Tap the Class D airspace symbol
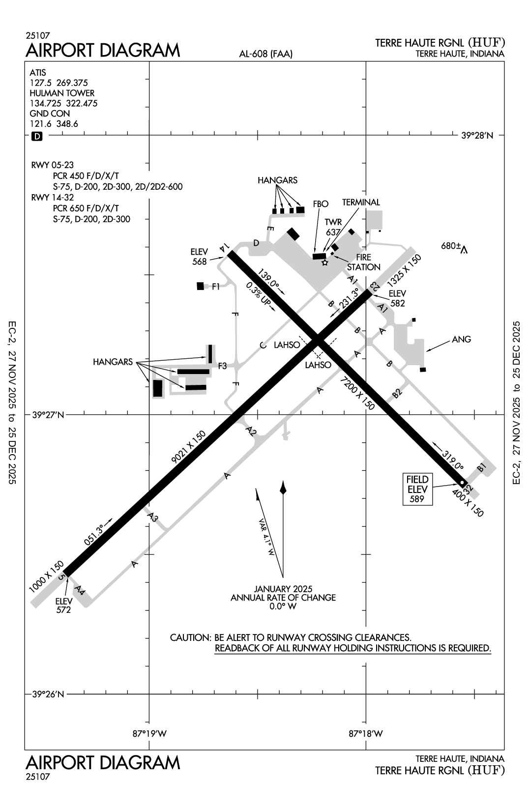click(37, 136)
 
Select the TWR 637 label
click(333, 227)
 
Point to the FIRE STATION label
click(364, 262)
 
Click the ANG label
click(461, 339)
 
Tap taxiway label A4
click(80, 590)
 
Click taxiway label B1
click(482, 468)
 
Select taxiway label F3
click(222, 366)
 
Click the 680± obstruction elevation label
click(449, 246)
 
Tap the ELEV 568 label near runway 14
click(199, 257)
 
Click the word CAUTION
click(190, 637)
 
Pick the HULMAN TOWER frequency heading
click(62, 93)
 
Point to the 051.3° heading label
click(94, 535)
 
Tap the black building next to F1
click(200, 286)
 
